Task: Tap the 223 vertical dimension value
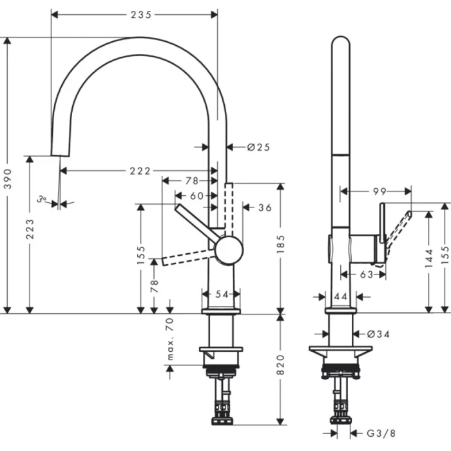pos(30,229)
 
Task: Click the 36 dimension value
pos(265,207)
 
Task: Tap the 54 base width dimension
pos(222,294)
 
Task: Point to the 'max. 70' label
pos(171,339)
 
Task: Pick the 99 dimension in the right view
pos(379,191)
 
